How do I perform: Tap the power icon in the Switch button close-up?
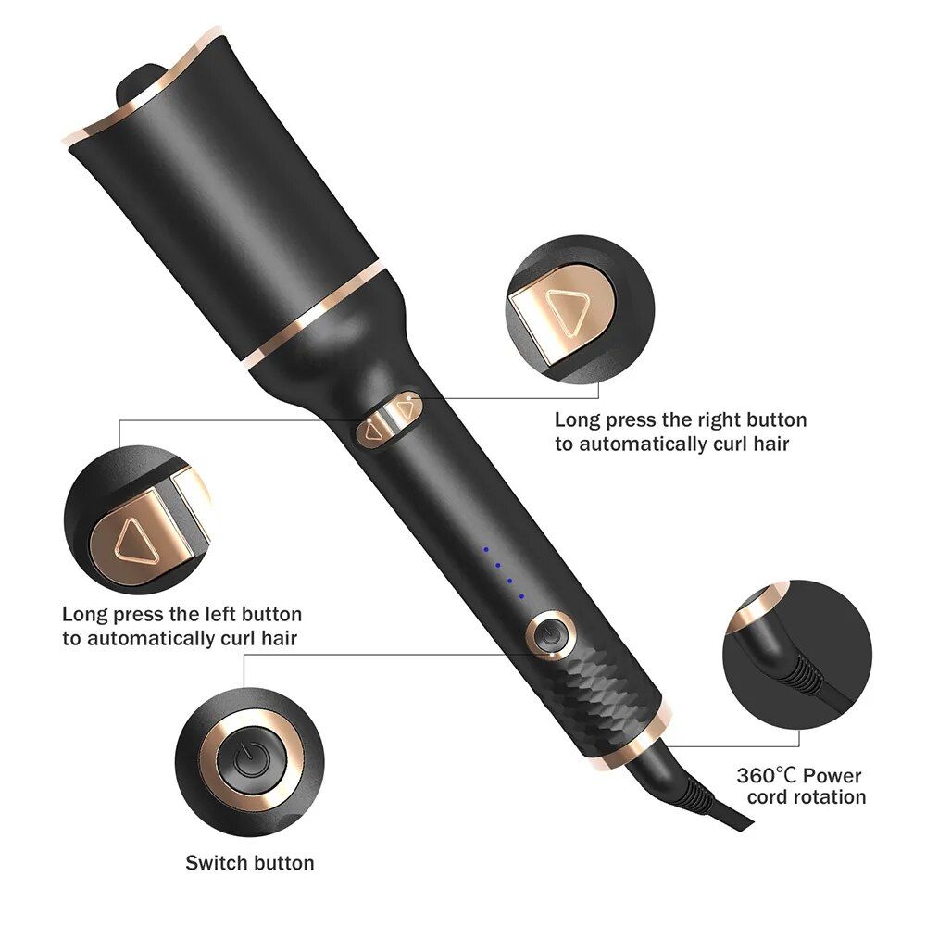(x=249, y=761)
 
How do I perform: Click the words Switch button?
(x=250, y=863)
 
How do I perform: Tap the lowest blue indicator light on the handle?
(x=521, y=596)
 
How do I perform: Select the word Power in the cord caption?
(x=832, y=775)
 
